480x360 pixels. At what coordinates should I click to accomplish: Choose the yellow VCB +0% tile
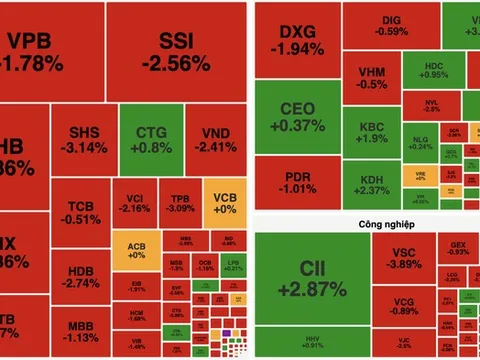coord(224,204)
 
